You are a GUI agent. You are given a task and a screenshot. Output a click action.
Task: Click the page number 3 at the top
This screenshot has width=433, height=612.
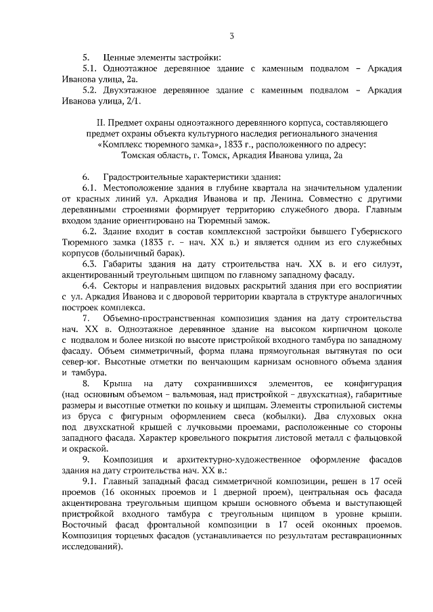click(231, 36)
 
